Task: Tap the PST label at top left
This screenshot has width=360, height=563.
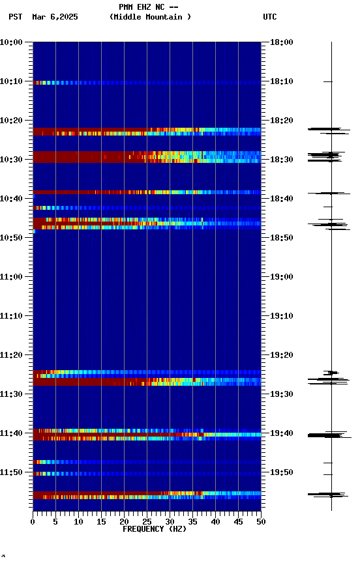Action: pyautogui.click(x=16, y=17)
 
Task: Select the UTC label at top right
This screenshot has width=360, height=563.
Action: pyautogui.click(x=270, y=17)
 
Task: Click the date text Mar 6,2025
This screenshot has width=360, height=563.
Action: pyautogui.click(x=55, y=17)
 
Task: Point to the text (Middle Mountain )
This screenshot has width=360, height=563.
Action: pyautogui.click(x=151, y=17)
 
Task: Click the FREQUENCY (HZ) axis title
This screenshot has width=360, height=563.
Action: pyautogui.click(x=154, y=529)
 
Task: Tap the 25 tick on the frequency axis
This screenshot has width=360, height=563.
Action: pyautogui.click(x=147, y=521)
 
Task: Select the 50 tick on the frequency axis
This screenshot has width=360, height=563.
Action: pyautogui.click(x=261, y=521)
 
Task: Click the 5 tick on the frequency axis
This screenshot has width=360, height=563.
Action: pyautogui.click(x=55, y=521)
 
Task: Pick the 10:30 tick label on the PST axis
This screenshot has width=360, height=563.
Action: pyautogui.click(x=12, y=160)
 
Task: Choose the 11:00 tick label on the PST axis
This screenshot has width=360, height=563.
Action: pyautogui.click(x=12, y=277)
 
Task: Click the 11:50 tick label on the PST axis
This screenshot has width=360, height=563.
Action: pyautogui.click(x=12, y=472)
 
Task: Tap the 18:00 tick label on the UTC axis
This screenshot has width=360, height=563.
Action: pyautogui.click(x=282, y=42)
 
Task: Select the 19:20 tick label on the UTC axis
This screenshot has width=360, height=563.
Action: pyautogui.click(x=282, y=355)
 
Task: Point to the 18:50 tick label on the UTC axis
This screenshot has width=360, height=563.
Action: pyautogui.click(x=282, y=238)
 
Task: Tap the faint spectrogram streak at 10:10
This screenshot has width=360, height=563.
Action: pyautogui.click(x=98, y=83)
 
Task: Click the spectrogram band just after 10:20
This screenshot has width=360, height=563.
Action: pyautogui.click(x=98, y=132)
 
